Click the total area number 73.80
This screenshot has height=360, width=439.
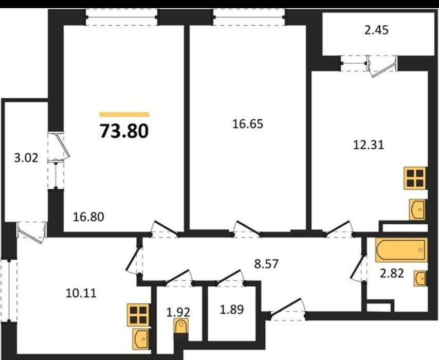point(124,131)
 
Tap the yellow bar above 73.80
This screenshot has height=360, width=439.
point(124,114)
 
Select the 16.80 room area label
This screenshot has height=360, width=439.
point(88,217)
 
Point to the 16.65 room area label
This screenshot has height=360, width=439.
point(248,124)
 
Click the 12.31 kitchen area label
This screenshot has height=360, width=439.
point(369,145)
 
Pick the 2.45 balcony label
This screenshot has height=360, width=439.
point(377,30)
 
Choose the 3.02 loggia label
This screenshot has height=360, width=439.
point(26,158)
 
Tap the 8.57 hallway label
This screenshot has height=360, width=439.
point(266,264)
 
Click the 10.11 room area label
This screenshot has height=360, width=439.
point(81,293)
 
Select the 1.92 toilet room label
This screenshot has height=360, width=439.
point(178,312)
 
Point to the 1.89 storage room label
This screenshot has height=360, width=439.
point(231,310)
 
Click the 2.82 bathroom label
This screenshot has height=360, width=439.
point(392,274)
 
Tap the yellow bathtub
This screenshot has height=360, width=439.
point(401,250)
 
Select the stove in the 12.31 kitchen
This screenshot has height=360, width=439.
point(415,178)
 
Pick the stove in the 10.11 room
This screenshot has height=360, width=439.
point(138,315)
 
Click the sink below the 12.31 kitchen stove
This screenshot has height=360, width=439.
point(417,209)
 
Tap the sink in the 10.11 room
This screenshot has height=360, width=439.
point(141,339)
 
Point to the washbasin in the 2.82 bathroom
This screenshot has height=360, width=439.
point(419,278)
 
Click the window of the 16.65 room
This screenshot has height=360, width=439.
point(249,17)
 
